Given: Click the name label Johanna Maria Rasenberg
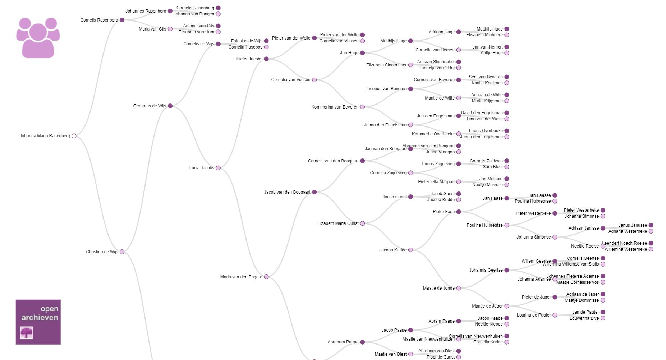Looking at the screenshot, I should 45,136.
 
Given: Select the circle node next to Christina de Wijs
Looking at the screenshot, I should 122,252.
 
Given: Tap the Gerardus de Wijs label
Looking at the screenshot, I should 150,106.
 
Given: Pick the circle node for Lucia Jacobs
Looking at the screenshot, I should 218,168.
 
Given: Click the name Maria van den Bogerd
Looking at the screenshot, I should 241,277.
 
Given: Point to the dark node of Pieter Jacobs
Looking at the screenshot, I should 266,59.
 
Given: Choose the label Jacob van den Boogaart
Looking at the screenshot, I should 287,192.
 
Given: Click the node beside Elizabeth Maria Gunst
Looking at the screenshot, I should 363,223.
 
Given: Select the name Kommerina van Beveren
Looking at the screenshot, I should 335,107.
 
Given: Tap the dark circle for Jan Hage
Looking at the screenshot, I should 363,53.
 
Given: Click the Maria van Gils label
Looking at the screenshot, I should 152,29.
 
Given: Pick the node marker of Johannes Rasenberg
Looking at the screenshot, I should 170,11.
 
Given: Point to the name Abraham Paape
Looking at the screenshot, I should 343,342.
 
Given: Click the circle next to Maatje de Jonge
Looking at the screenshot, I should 459,288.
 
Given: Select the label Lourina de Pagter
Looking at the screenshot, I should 534,315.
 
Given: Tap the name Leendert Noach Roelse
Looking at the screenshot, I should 624,243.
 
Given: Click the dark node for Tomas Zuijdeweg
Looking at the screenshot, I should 459,164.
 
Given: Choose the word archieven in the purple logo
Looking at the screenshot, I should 40,318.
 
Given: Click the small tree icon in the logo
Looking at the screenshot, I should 27,333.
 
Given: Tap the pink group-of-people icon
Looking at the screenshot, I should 38,38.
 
